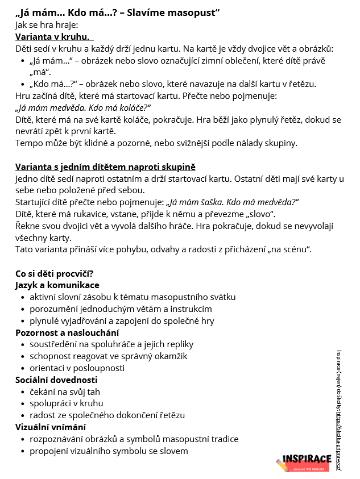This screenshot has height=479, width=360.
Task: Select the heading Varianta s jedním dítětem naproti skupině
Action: click(x=105, y=167)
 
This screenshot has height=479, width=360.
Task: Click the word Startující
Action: click(x=35, y=202)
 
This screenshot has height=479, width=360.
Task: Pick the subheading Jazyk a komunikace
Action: click(x=57, y=285)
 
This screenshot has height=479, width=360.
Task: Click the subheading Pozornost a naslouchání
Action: click(x=67, y=332)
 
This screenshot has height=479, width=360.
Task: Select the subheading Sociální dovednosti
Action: click(x=56, y=380)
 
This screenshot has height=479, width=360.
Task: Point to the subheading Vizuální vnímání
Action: click(x=51, y=427)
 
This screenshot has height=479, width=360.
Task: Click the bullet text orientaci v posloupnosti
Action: click(x=77, y=368)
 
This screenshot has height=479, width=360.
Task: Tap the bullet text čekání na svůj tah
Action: click(x=65, y=392)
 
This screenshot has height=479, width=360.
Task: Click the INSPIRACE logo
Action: click(x=304, y=461)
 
